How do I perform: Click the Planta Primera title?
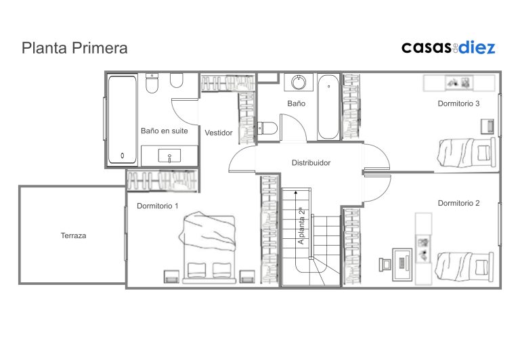(x=74, y=49)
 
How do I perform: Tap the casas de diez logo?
(x=448, y=47)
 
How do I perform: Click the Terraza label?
(x=73, y=235)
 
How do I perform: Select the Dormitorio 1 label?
(x=158, y=206)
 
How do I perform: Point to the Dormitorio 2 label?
(x=458, y=203)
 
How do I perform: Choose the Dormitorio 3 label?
(x=458, y=104)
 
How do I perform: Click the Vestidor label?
(x=219, y=133)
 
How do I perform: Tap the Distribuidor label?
(x=311, y=163)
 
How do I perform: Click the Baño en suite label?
(x=165, y=131)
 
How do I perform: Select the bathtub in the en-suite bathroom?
(x=123, y=120)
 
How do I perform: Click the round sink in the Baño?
(x=299, y=82)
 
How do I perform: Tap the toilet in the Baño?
(x=267, y=129)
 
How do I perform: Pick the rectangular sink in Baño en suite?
(x=169, y=156)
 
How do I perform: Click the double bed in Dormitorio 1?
(x=209, y=248)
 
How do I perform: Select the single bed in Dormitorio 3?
(x=467, y=153)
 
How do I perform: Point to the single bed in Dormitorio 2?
(x=464, y=267)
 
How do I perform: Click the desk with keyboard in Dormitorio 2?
(x=402, y=265)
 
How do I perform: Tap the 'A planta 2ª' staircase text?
(x=301, y=227)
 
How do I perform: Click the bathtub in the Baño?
(x=328, y=107)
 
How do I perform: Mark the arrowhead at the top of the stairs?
(x=295, y=192)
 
